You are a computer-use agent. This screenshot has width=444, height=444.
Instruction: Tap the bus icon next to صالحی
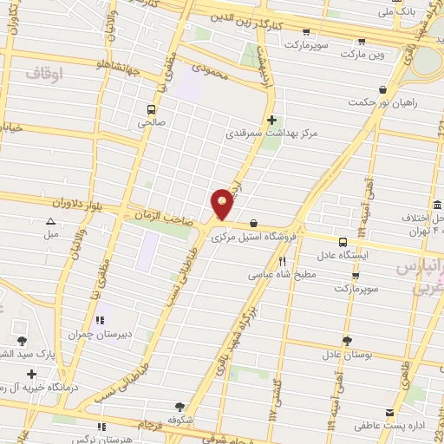click(x=152, y=109)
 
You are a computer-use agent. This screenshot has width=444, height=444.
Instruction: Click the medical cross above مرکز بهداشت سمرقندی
click(x=272, y=120)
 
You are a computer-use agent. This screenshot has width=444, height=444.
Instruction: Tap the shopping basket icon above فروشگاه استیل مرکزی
click(x=253, y=222)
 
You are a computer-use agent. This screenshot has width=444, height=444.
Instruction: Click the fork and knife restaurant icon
click(x=282, y=260)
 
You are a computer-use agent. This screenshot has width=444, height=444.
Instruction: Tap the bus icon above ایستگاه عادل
click(x=343, y=242)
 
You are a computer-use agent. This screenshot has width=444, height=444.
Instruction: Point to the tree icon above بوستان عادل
click(x=347, y=341)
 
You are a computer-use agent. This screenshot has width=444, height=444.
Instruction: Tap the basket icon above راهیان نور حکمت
click(x=382, y=88)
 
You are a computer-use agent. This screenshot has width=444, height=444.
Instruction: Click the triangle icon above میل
click(x=50, y=222)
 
